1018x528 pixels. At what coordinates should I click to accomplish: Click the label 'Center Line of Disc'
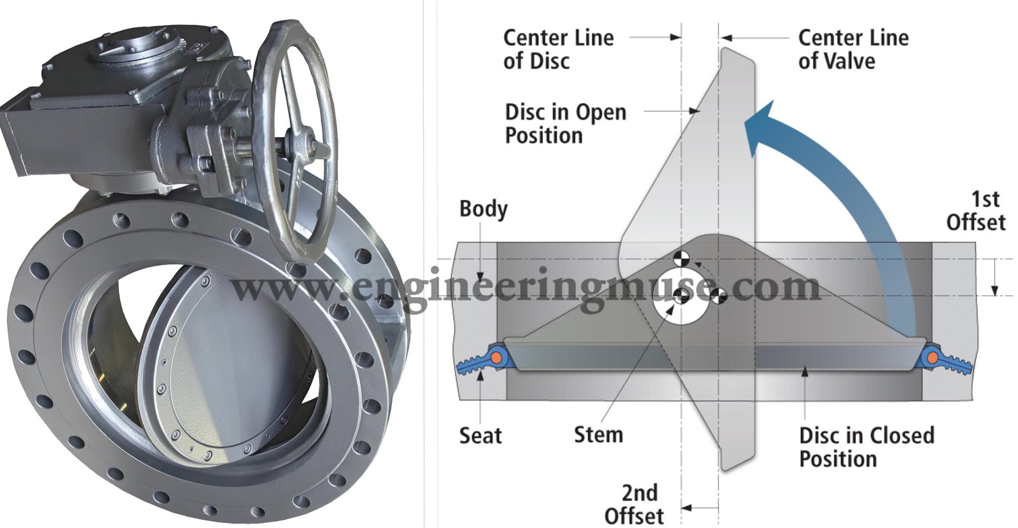click(559, 50)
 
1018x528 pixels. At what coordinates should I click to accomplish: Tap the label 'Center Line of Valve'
click(853, 50)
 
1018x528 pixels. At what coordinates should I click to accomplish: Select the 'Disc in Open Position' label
click(566, 123)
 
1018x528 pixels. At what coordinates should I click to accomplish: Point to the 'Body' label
click(484, 209)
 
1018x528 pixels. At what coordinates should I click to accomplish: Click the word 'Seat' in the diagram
click(480, 435)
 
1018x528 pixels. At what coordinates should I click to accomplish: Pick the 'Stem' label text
click(599, 434)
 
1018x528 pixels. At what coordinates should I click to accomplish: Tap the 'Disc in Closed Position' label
click(867, 447)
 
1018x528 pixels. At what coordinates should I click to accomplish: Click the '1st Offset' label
click(976, 211)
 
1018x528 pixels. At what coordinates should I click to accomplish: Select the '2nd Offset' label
click(634, 504)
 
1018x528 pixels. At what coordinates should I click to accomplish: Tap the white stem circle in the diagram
click(681, 301)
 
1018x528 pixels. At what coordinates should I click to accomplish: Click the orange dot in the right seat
click(932, 358)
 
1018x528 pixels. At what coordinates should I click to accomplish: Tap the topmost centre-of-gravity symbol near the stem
click(681, 258)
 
